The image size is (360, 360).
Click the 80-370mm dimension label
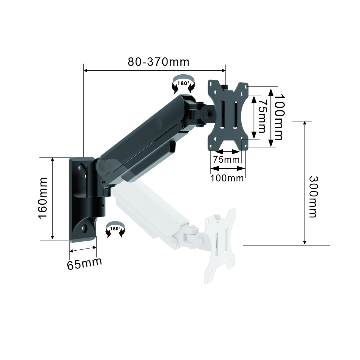click(x=158, y=62)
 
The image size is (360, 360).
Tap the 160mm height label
click(x=43, y=198)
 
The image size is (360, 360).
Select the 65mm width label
click(x=84, y=263)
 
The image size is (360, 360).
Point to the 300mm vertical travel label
click(x=313, y=197)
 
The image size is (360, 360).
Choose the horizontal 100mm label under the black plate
click(x=227, y=178)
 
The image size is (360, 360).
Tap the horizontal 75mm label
click(x=226, y=159)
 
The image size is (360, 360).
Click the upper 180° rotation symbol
click(x=184, y=83)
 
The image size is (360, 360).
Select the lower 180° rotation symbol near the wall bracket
click(x=115, y=229)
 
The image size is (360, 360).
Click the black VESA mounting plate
click(x=228, y=115)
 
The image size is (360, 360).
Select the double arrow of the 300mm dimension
click(x=305, y=183)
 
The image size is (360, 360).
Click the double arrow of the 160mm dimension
click(x=53, y=198)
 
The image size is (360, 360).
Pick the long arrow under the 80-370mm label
click(x=154, y=70)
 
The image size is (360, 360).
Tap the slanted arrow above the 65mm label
click(x=83, y=249)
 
